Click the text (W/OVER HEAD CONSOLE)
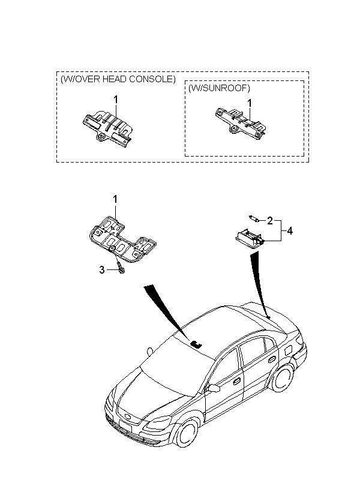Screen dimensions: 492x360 pos(118,79)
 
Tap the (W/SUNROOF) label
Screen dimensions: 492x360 pos(218,88)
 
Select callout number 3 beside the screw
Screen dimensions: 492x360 pos(102,270)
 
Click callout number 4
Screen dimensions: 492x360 pos(290,230)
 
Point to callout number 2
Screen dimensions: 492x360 pos(270,220)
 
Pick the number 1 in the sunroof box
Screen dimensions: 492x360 pos(250,103)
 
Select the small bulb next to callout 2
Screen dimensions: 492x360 pos(253,219)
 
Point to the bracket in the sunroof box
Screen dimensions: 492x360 pos(241,123)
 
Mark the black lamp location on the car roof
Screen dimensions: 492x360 pos(196,344)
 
